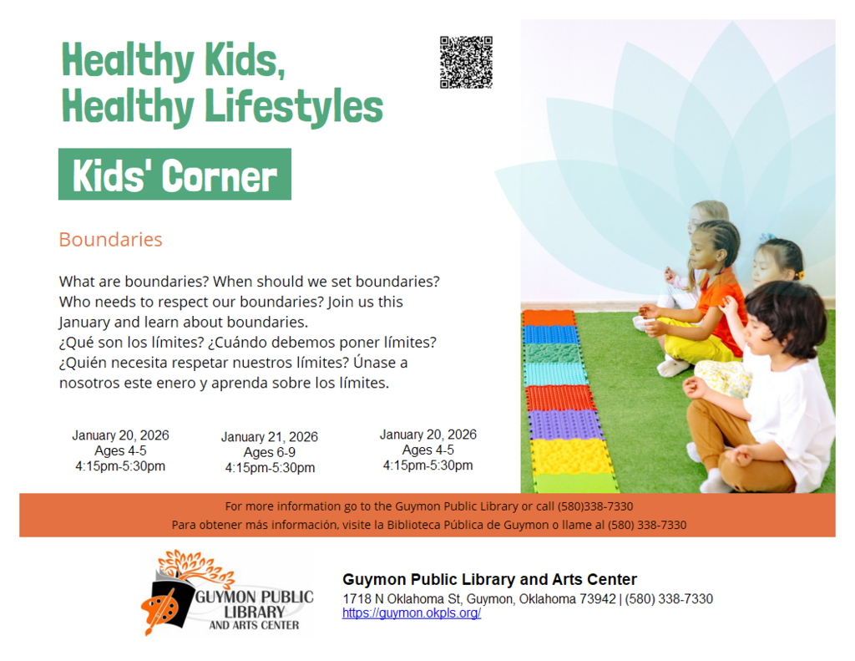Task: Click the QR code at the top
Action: (x=466, y=62)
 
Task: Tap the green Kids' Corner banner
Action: (x=175, y=175)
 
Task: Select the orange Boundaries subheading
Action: (x=110, y=240)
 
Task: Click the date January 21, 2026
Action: (x=269, y=437)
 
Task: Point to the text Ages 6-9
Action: (x=269, y=453)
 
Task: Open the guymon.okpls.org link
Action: (x=412, y=613)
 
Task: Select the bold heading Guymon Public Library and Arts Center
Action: (x=489, y=580)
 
